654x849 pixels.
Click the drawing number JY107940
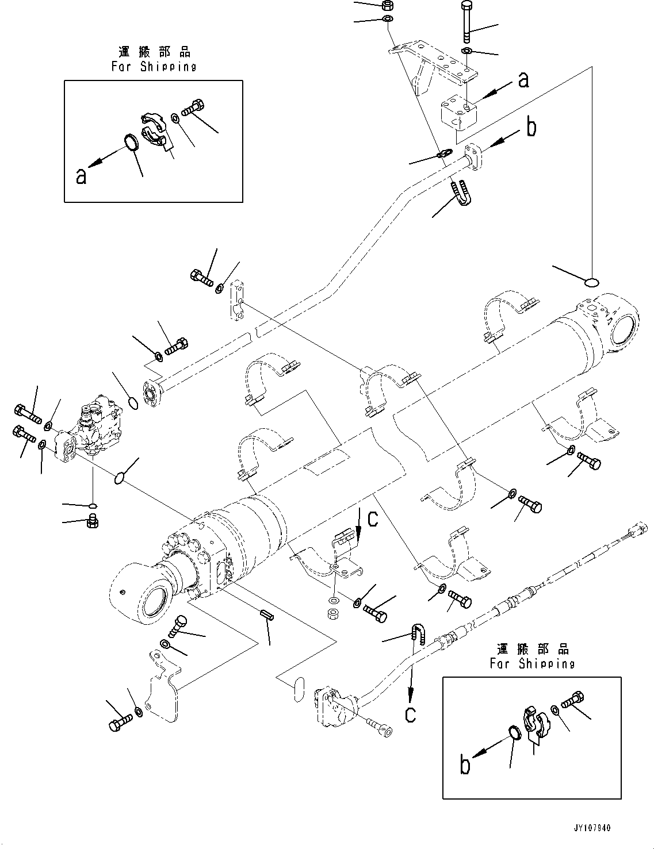click(591, 828)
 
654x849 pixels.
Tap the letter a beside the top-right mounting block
click(523, 79)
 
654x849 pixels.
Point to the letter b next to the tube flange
click(531, 127)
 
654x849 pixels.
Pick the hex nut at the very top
click(387, 6)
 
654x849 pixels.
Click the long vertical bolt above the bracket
click(466, 22)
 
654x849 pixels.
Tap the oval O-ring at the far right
click(592, 282)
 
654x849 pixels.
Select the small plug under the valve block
click(91, 522)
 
